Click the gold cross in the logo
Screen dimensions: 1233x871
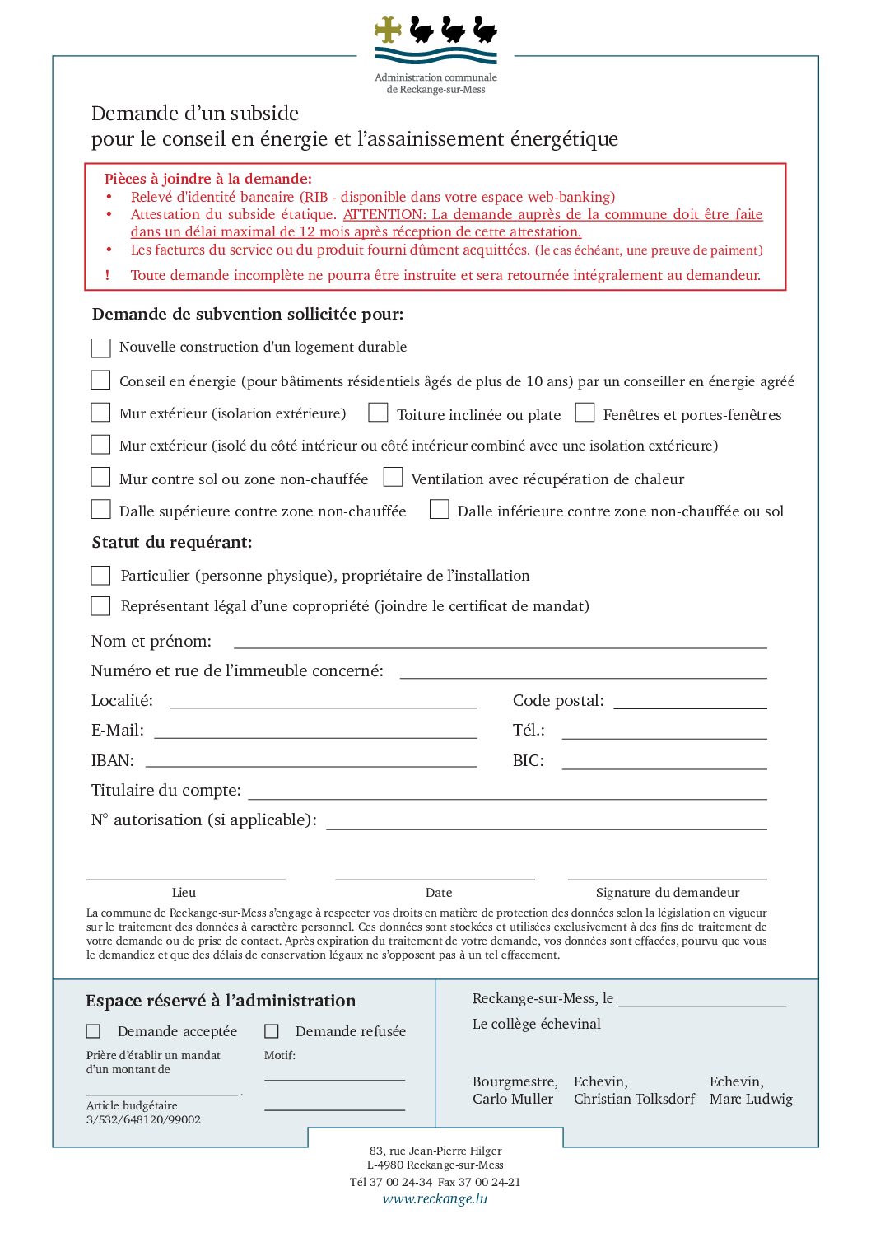point(388,30)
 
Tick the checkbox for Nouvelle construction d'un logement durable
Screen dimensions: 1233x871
point(100,348)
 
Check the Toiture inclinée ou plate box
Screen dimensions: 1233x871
point(378,413)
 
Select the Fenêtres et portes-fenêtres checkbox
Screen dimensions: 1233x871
point(585,413)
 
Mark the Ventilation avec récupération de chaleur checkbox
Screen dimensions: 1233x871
point(393,477)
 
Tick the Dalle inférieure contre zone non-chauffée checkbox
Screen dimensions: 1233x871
point(440,510)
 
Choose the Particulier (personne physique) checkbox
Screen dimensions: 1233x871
point(100,575)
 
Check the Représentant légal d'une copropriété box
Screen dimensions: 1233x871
point(100,606)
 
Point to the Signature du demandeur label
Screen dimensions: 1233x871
point(667,893)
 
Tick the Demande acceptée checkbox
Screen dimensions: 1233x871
point(94,1031)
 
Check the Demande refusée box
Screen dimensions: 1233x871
point(272,1031)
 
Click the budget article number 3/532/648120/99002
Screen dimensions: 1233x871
point(143,1119)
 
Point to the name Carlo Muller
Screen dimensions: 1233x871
point(513,1099)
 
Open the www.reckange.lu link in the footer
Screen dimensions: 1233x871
point(435,1198)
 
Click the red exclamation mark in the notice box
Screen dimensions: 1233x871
point(107,275)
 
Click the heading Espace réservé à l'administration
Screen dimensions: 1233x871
point(221,1001)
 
